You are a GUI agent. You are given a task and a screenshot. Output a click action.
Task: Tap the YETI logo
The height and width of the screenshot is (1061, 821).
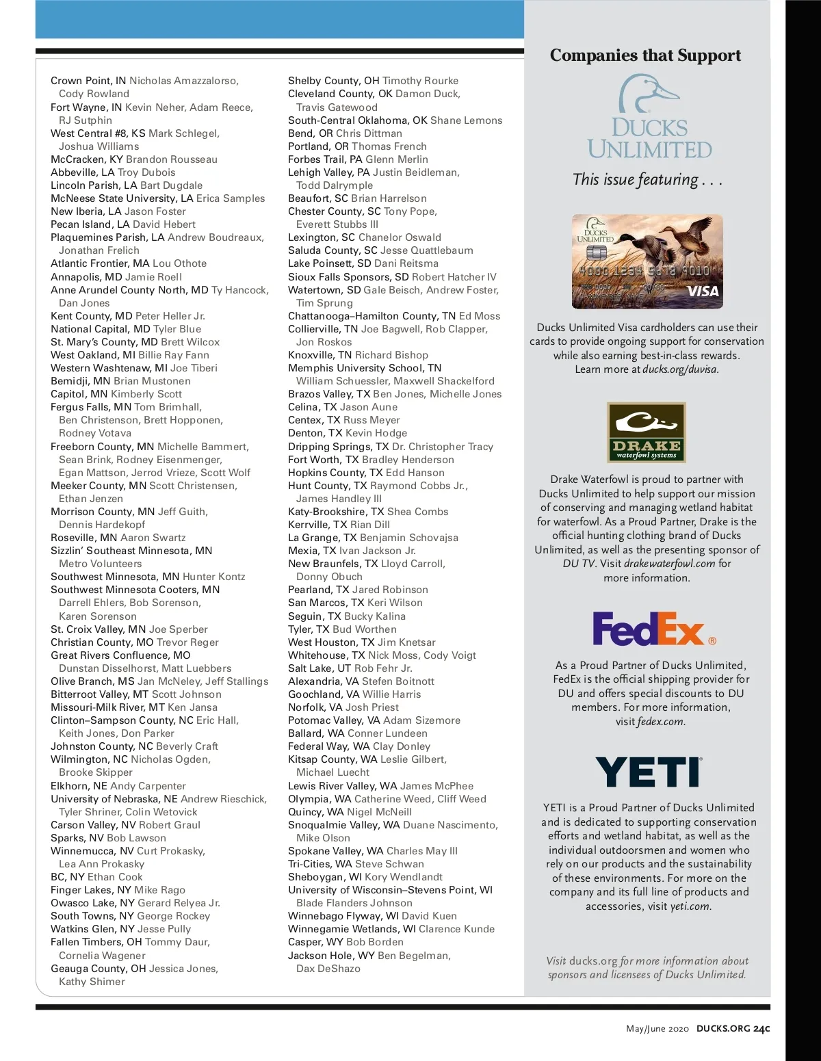coord(649,772)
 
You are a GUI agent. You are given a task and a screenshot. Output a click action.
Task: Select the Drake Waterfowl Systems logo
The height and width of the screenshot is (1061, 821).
coord(646,432)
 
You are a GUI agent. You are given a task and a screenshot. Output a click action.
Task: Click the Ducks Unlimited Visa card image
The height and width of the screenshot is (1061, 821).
coord(647,261)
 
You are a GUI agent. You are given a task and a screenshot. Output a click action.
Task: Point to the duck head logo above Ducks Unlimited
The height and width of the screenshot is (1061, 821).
coord(648,94)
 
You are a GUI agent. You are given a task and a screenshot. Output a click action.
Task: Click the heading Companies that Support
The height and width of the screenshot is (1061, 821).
coord(645,55)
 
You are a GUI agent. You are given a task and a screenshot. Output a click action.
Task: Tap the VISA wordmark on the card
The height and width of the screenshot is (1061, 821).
coord(703,291)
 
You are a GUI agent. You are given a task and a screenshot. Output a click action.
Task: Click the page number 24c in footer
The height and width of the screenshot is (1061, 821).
coord(761,1028)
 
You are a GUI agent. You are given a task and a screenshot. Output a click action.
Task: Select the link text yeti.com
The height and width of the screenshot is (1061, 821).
coord(690,906)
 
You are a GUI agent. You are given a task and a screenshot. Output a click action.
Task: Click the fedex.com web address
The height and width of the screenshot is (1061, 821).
coord(660,722)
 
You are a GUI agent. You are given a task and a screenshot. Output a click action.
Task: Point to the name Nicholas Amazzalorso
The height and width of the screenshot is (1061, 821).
coord(183,81)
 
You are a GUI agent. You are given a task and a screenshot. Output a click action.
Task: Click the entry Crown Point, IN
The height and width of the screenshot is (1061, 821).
coord(88,81)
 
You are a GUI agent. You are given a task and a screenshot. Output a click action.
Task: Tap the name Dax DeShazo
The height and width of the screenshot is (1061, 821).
coord(328,969)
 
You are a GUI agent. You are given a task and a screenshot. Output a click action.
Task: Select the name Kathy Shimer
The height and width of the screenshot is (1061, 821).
coord(92,982)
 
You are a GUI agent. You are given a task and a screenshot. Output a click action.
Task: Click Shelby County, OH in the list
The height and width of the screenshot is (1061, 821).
coord(333,81)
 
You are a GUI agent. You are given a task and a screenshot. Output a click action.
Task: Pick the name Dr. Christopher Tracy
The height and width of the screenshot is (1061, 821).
coord(442,447)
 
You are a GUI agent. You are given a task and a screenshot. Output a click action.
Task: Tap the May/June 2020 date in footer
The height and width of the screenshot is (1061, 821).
coord(657,1029)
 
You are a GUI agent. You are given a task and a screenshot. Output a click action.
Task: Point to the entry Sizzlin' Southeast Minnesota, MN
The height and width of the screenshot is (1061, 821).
coord(131,551)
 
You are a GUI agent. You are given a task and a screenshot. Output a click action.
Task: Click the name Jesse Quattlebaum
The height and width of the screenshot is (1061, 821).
coord(426,250)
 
